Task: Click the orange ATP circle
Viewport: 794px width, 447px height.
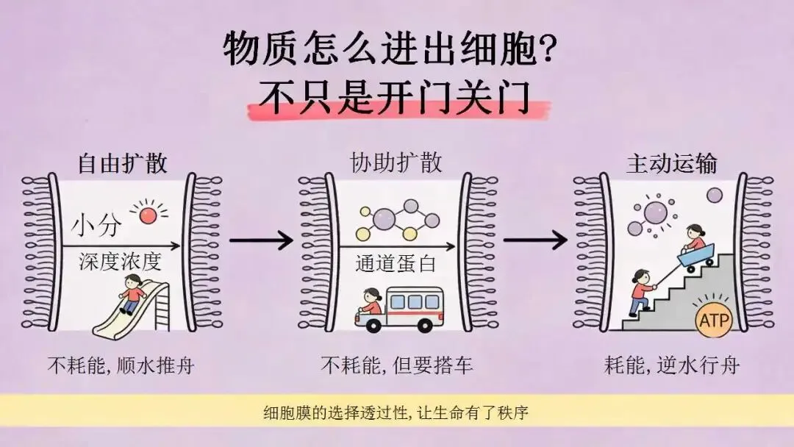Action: click(714, 319)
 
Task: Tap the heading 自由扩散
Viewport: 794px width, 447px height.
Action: click(122, 163)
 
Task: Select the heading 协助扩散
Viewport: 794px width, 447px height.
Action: click(396, 163)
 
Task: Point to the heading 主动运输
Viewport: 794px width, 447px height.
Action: click(671, 163)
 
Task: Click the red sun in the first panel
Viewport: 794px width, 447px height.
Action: click(148, 215)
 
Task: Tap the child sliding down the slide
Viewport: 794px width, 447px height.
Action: click(132, 293)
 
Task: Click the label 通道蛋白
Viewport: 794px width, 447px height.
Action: click(396, 264)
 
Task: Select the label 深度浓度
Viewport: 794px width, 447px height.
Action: click(120, 262)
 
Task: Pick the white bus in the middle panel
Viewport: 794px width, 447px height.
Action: click(399, 310)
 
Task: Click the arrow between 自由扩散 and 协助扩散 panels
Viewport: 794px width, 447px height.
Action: click(261, 240)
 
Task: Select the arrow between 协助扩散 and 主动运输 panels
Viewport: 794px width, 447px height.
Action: click(535, 240)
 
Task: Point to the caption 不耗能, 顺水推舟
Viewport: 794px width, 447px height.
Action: click(121, 365)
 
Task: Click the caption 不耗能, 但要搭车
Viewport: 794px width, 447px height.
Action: click(397, 365)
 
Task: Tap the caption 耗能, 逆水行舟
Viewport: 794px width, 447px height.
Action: click(672, 365)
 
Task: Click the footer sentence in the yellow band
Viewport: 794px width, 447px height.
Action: click(396, 412)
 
